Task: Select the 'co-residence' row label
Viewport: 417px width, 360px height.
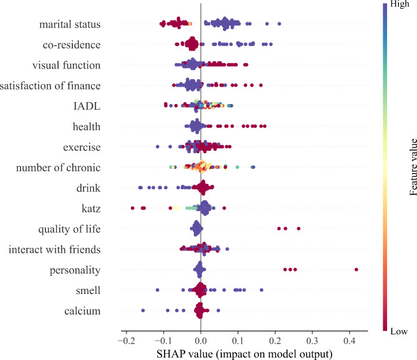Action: click(x=72, y=45)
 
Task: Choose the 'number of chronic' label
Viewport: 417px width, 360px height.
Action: click(x=58, y=168)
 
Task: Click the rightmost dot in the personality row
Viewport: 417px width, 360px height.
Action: click(x=356, y=269)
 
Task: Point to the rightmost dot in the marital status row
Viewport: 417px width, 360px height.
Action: click(x=279, y=24)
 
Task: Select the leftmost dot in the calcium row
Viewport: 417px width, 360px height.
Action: click(x=143, y=310)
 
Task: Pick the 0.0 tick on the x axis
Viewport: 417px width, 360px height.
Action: click(x=201, y=343)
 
